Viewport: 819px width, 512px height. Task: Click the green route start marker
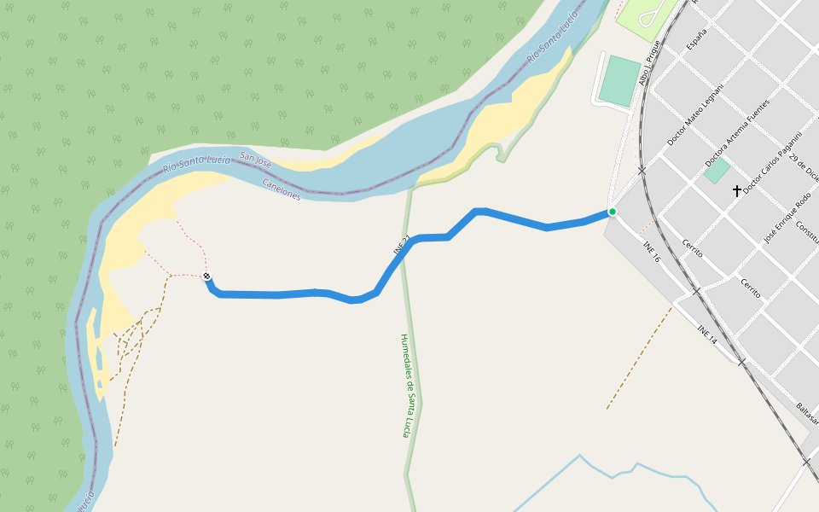point(612,212)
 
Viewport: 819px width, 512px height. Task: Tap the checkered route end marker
point(206,276)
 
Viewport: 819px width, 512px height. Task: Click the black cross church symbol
point(737,191)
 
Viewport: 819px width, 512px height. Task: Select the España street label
point(698,39)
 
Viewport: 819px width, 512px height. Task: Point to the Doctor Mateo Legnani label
point(695,114)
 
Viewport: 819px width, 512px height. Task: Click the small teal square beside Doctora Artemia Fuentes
point(717,171)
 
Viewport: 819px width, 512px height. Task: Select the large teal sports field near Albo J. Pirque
point(619,81)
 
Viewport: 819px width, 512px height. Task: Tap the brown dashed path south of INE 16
point(640,357)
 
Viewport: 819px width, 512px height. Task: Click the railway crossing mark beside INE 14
point(741,363)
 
